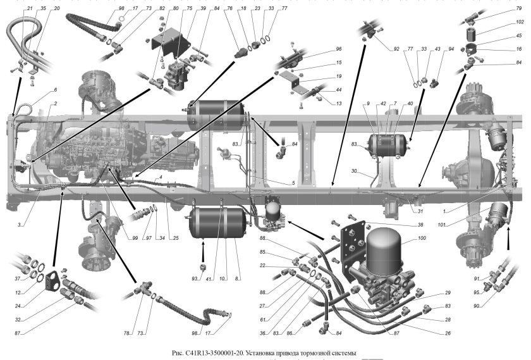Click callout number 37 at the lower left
[x=19, y=279]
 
